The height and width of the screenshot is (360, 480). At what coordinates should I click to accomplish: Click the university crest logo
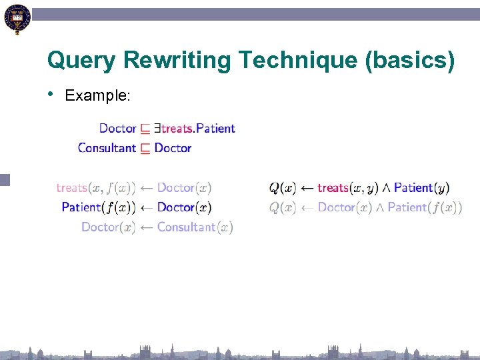click(17, 19)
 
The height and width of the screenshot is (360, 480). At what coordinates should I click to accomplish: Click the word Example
click(97, 96)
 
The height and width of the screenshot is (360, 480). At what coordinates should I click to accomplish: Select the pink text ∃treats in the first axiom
click(174, 128)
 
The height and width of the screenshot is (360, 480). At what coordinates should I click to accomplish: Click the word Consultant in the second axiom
click(107, 148)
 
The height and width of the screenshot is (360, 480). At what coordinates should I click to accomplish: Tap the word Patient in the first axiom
click(215, 128)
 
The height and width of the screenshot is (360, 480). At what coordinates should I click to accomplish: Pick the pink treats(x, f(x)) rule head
click(96, 188)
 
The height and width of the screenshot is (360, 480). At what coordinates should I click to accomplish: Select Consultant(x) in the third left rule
click(195, 227)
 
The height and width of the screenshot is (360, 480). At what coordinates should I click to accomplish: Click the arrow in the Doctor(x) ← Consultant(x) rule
click(146, 227)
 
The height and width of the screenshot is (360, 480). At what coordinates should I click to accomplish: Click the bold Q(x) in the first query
click(283, 188)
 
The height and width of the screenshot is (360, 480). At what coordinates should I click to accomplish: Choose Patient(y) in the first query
click(421, 188)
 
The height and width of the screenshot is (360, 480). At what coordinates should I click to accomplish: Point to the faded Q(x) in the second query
click(283, 207)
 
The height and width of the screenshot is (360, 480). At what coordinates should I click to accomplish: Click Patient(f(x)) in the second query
click(425, 207)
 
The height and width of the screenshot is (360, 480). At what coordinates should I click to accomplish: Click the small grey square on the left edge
click(5, 179)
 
